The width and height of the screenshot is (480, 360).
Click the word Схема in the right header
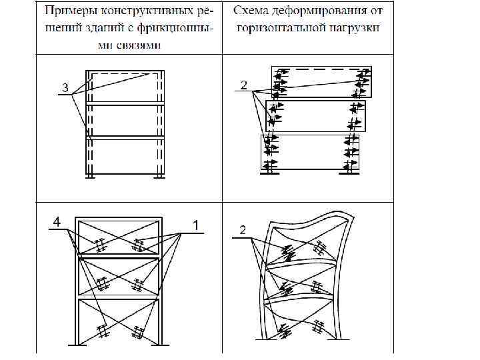click(262, 11)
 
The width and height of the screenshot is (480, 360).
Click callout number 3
click(64, 87)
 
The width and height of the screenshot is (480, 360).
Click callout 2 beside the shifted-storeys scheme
click(244, 85)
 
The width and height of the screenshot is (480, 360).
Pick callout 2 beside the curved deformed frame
click(243, 230)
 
